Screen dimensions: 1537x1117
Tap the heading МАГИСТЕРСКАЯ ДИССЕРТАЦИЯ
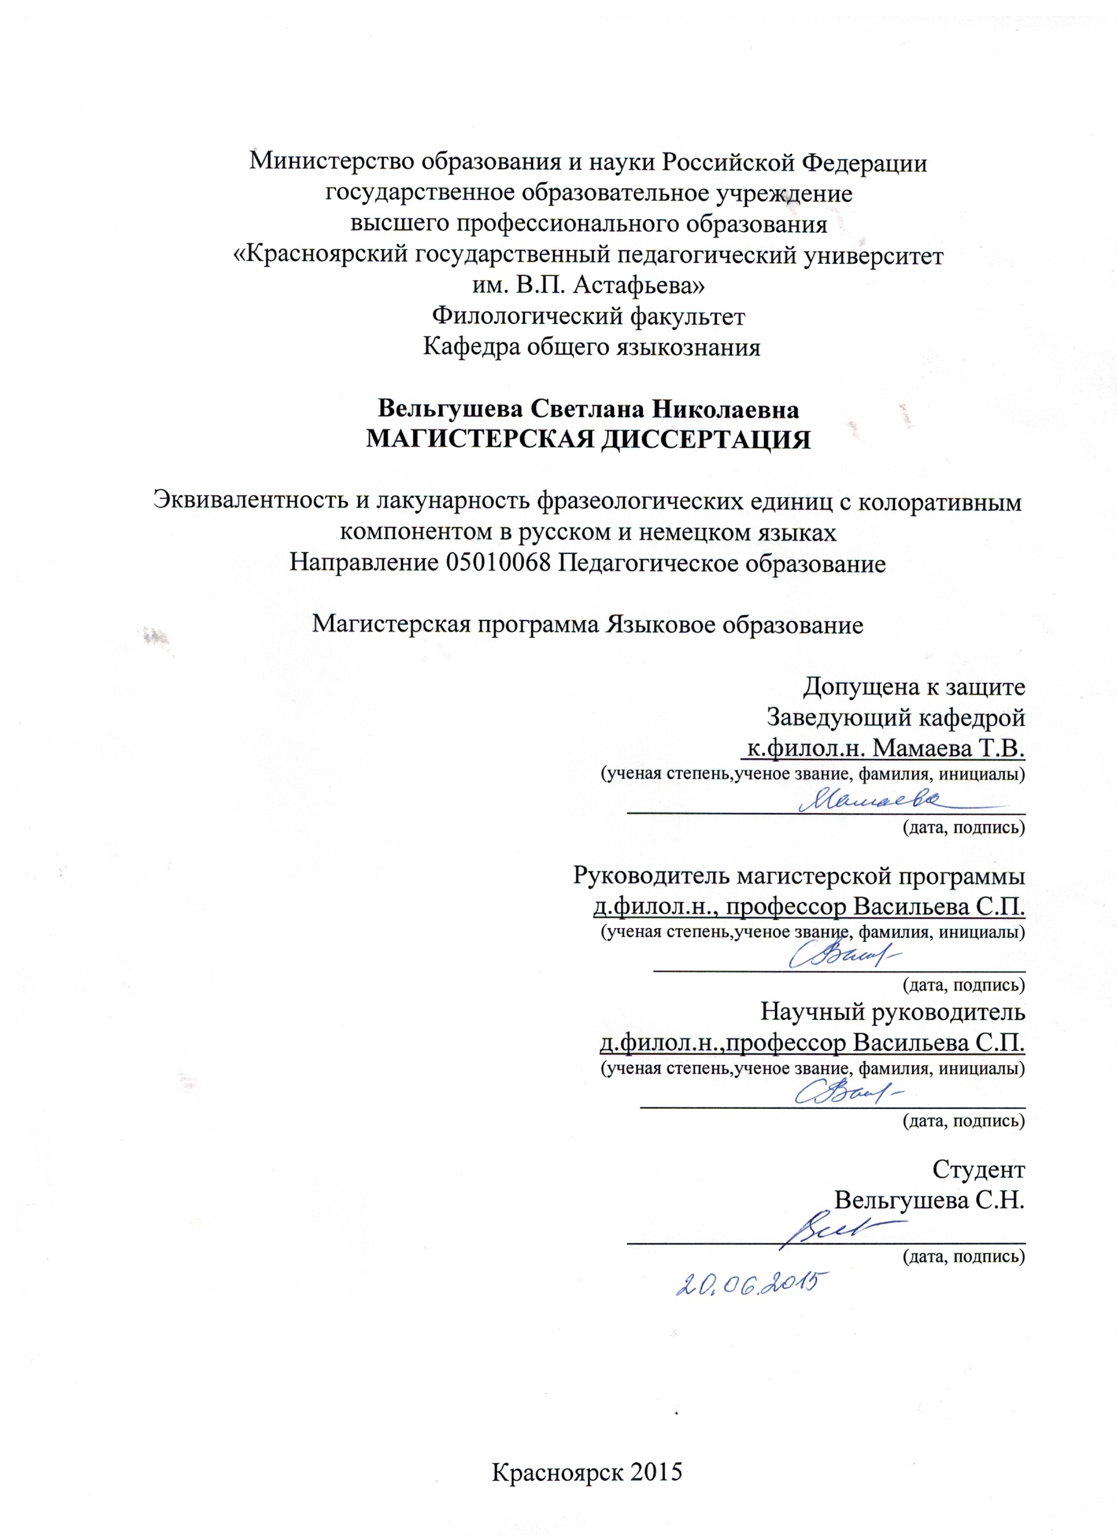click(588, 439)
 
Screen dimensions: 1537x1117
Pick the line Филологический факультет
click(588, 317)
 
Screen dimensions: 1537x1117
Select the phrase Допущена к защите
click(914, 686)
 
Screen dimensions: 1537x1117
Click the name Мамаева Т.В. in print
click(949, 749)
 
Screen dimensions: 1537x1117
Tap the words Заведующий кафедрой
click(895, 717)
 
